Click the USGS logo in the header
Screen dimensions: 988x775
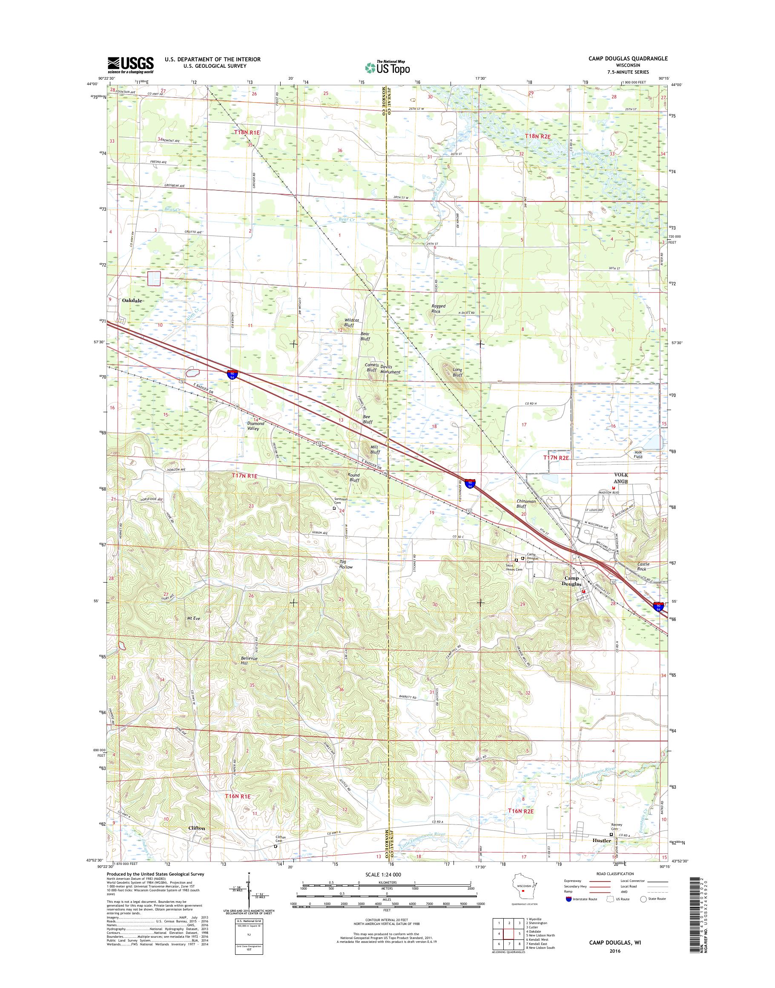click(130, 65)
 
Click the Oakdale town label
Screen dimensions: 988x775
click(132, 300)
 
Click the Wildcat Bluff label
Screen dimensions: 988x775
click(352, 323)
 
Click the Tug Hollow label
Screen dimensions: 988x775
click(346, 564)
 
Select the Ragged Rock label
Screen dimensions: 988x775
click(438, 309)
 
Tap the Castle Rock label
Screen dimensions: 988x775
click(643, 566)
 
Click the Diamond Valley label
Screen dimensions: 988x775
click(256, 426)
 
